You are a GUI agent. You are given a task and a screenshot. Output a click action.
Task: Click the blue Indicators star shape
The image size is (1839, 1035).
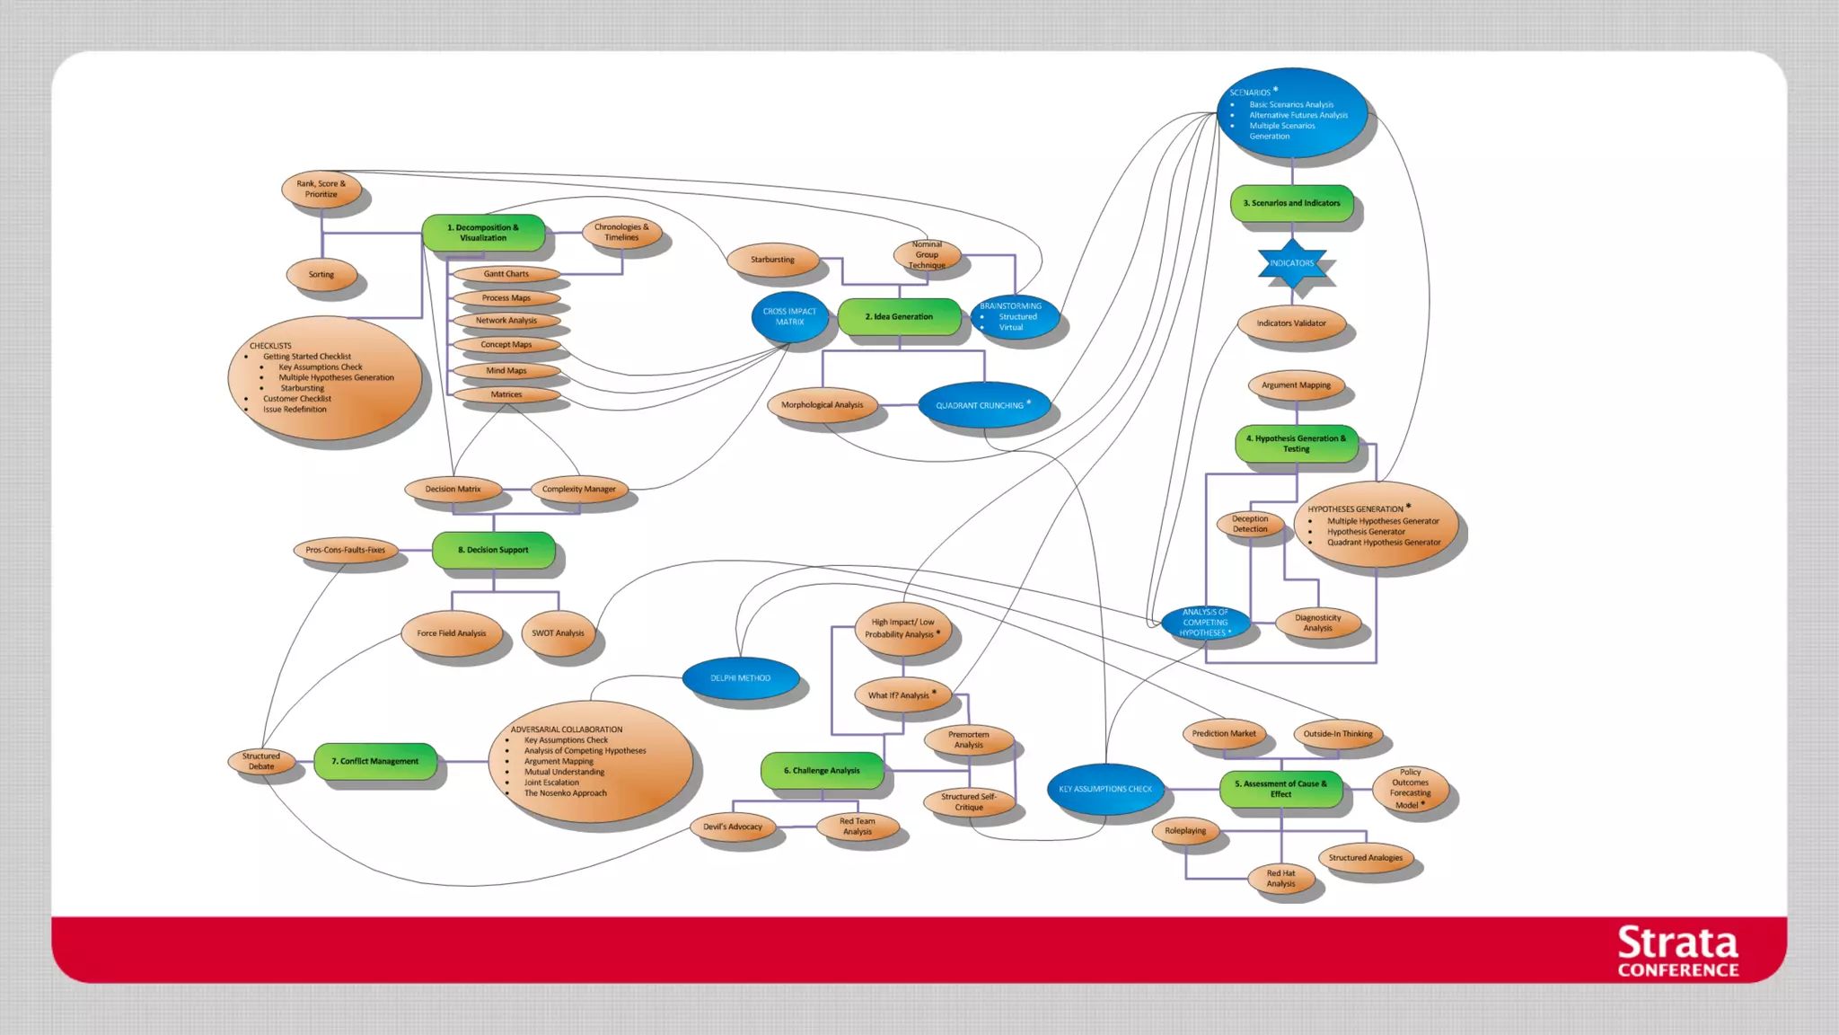click(x=1291, y=263)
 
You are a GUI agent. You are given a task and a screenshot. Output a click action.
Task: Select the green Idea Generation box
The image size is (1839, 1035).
click(x=899, y=317)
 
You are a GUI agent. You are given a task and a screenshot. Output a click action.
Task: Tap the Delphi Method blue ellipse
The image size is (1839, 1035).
click(x=740, y=678)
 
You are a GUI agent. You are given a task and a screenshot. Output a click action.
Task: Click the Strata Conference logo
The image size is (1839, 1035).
click(x=1677, y=951)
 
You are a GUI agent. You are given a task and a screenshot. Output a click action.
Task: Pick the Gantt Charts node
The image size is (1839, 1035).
click(x=506, y=274)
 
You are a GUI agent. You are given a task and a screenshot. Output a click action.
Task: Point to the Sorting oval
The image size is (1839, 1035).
click(x=321, y=275)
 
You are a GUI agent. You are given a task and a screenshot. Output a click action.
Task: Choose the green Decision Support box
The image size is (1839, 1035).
click(x=493, y=550)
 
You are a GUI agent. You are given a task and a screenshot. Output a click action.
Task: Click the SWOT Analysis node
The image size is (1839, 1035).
click(x=558, y=633)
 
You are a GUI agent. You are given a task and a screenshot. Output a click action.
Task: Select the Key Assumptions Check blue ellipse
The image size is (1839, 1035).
click(x=1104, y=789)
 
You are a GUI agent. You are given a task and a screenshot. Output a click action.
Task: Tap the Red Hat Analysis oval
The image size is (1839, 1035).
click(x=1280, y=879)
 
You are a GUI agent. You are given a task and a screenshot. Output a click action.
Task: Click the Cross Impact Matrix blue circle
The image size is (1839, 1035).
click(x=789, y=316)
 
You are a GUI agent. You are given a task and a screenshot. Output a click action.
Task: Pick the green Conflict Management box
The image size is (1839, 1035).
click(x=375, y=761)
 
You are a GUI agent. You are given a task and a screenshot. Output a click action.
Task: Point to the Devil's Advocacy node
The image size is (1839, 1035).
click(x=733, y=827)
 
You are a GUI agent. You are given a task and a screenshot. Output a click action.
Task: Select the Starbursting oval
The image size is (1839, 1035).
click(x=772, y=260)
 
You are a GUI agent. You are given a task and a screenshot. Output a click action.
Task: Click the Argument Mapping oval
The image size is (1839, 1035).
click(x=1296, y=385)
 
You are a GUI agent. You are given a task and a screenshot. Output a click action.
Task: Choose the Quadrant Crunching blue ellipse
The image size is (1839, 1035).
click(x=982, y=405)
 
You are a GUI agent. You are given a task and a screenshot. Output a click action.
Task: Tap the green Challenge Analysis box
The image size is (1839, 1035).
click(x=822, y=771)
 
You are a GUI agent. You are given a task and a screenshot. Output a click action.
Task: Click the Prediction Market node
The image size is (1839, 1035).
click(x=1224, y=734)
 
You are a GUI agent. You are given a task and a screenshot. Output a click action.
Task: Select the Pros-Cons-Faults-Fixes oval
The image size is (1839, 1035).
click(x=346, y=550)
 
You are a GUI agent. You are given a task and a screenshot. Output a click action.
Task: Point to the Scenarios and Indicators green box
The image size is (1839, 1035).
click(x=1291, y=203)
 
